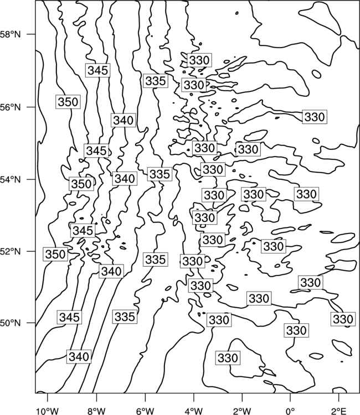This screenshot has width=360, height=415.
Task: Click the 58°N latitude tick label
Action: coord(10,35)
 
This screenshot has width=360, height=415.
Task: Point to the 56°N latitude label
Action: coord(10,107)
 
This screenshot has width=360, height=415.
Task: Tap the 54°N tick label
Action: coord(10,180)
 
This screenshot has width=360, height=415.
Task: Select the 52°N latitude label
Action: coord(10,251)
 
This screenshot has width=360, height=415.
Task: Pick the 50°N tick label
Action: coord(10,323)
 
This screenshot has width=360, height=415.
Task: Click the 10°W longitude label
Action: coord(48,411)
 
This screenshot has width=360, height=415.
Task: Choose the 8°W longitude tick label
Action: coord(96,411)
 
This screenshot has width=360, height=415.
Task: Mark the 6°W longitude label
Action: coord(145,411)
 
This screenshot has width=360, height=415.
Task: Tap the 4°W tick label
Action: coord(194,411)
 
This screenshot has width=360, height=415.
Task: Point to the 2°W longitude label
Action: coord(242,411)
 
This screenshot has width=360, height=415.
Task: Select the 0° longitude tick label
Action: coord(291,411)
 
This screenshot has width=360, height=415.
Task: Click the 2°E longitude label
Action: coord(339,411)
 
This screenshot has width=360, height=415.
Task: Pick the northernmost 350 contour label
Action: coord(68,102)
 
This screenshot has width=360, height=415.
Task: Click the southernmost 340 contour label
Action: coord(79,356)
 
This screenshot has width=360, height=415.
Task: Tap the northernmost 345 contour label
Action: coord(97,70)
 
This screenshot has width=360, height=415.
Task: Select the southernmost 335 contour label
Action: coord(125,317)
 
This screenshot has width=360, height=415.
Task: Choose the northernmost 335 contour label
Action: coord(156,81)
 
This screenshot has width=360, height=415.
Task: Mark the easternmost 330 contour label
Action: coord(343,319)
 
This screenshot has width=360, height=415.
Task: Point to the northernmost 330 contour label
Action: coord(199,60)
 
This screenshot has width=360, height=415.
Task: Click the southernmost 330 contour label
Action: coord(228,358)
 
